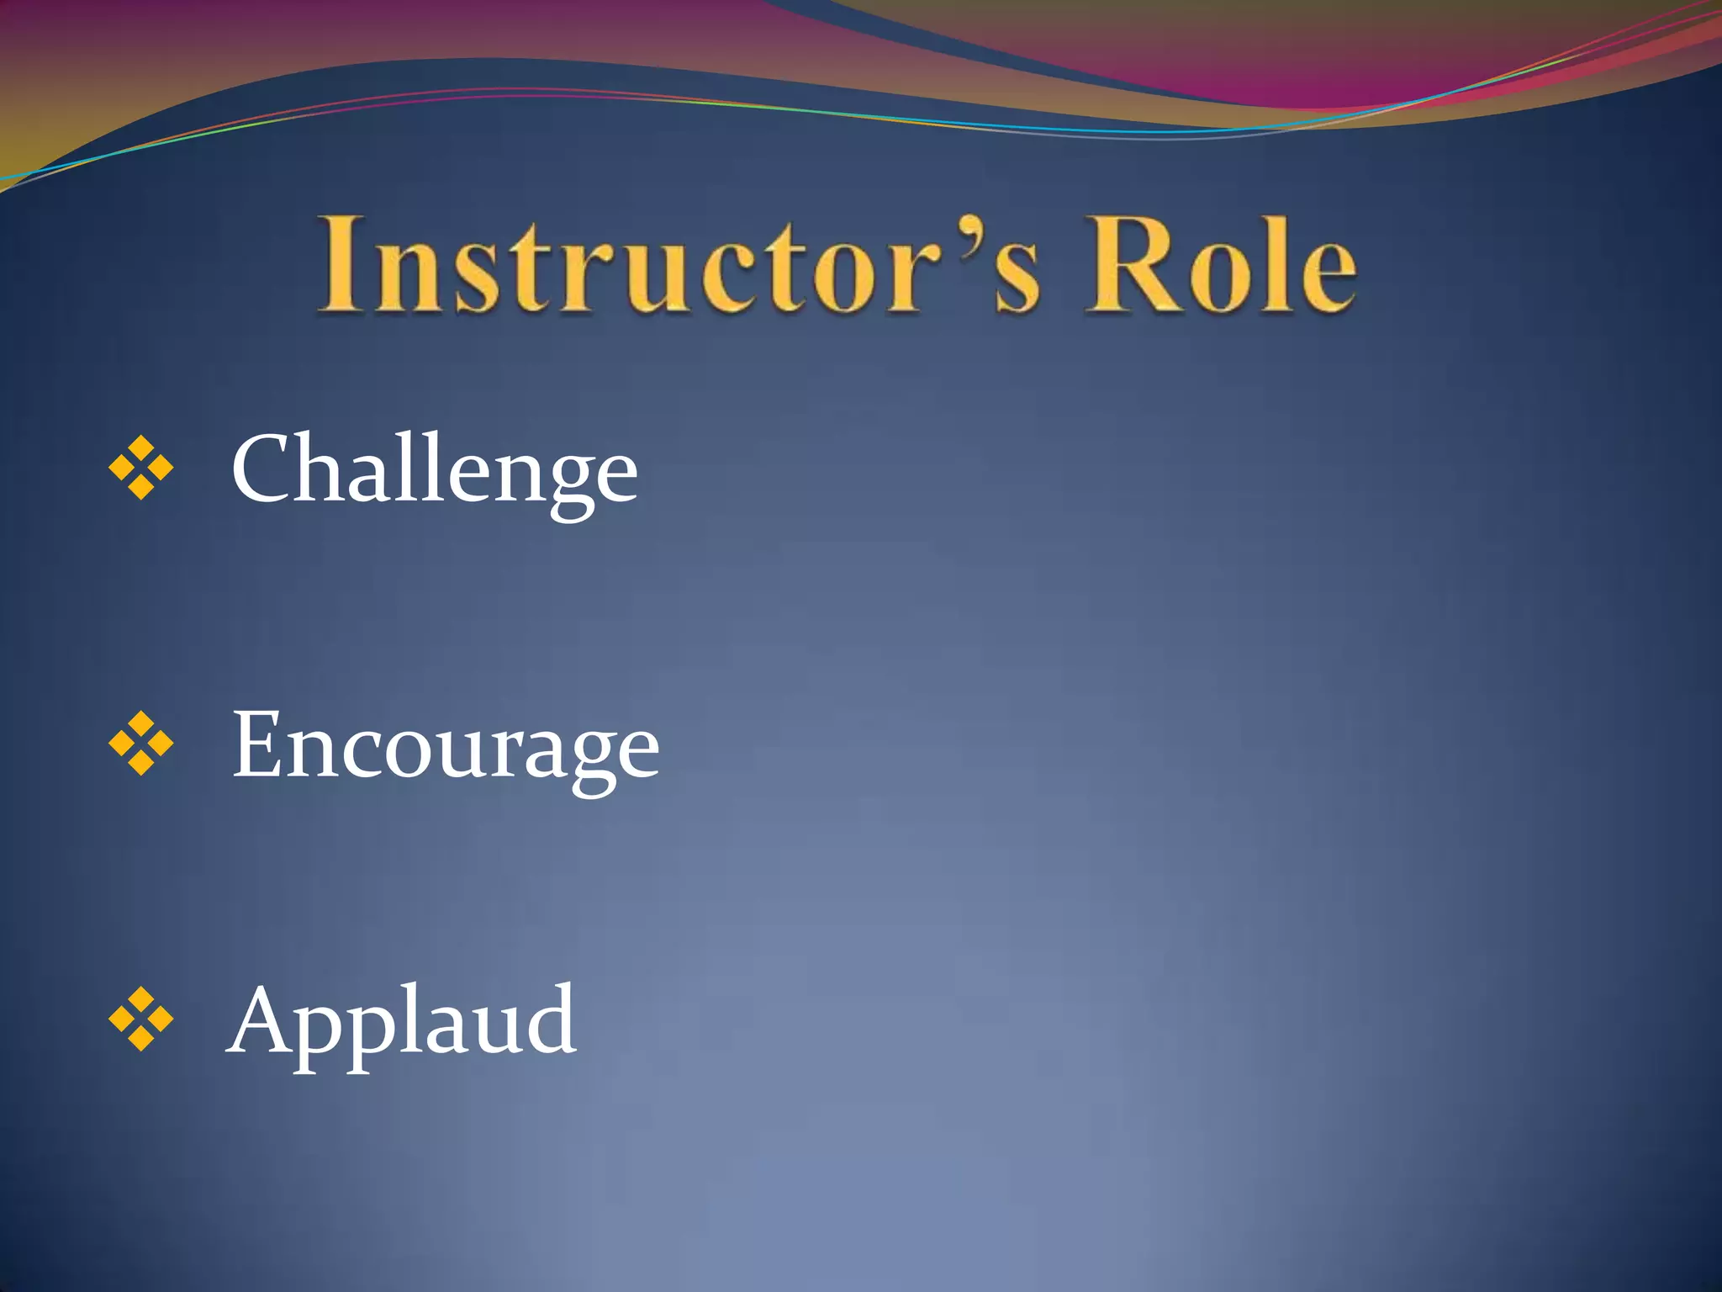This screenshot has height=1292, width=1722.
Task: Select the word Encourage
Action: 446,745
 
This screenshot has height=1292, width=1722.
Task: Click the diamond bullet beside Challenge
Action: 141,468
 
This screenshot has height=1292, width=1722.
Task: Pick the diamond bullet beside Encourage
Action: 141,744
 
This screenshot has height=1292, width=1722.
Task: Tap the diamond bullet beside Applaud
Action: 141,1019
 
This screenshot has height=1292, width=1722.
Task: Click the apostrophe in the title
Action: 970,231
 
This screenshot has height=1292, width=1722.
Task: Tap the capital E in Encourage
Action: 257,744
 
